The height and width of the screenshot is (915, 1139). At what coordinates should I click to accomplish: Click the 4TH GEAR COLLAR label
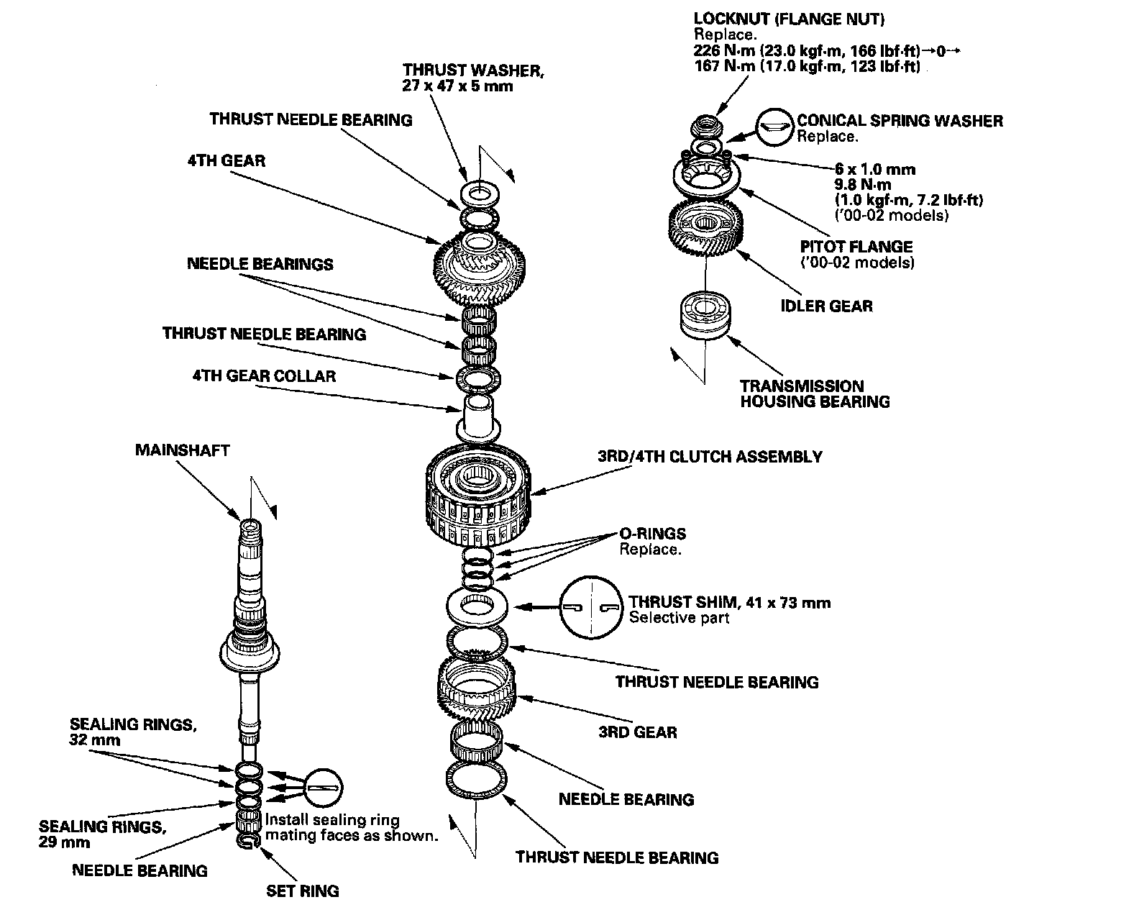tap(263, 376)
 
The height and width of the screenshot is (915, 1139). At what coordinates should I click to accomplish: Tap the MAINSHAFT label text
tap(182, 450)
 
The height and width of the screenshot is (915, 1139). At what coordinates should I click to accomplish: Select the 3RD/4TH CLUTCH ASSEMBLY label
tap(710, 457)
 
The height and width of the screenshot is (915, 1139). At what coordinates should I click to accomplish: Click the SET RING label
tap(302, 891)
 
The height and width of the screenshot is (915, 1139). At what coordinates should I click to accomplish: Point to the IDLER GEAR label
tap(826, 306)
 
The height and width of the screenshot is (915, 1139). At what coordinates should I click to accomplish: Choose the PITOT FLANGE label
tap(856, 247)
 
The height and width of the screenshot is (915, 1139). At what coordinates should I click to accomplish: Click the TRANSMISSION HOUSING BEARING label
tap(815, 393)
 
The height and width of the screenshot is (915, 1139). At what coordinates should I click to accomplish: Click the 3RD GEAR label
tap(637, 732)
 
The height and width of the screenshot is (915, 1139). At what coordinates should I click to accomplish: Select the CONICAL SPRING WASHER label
tap(899, 121)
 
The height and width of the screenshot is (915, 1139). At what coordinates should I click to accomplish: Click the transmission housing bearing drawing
tap(705, 313)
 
